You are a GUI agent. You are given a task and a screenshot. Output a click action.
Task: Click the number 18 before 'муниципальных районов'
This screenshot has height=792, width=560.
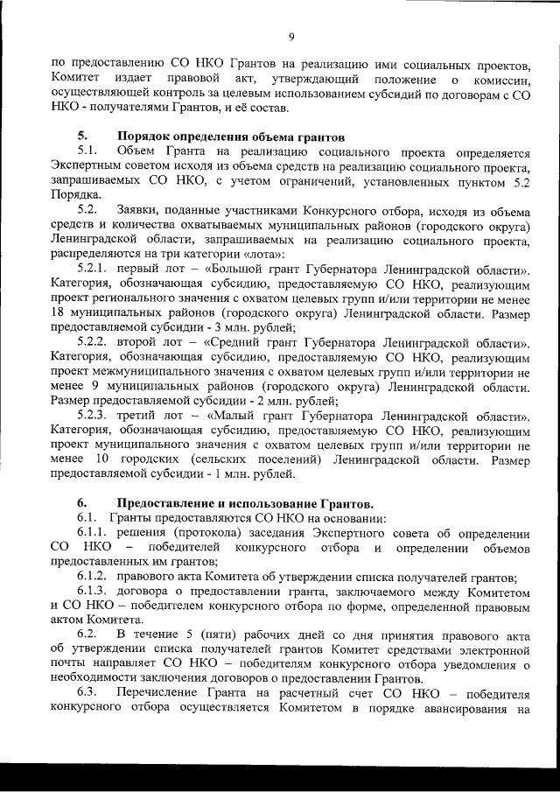(58, 312)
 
